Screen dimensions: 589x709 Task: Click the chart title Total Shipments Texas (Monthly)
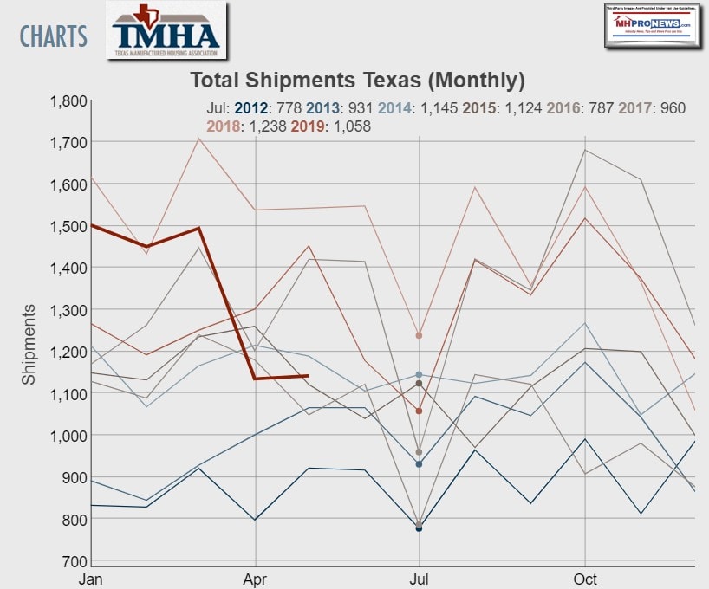[357, 81]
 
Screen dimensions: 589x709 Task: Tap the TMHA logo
[166, 32]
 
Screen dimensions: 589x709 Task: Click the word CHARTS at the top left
[54, 36]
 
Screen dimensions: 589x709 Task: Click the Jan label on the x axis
[90, 578]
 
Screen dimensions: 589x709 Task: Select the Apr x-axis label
[255, 578]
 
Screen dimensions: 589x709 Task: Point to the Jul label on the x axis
[419, 578]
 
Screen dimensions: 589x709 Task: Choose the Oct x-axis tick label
[586, 578]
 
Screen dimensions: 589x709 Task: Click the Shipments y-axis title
[29, 344]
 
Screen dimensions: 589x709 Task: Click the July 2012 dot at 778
[419, 528]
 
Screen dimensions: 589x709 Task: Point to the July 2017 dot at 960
[419, 452]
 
